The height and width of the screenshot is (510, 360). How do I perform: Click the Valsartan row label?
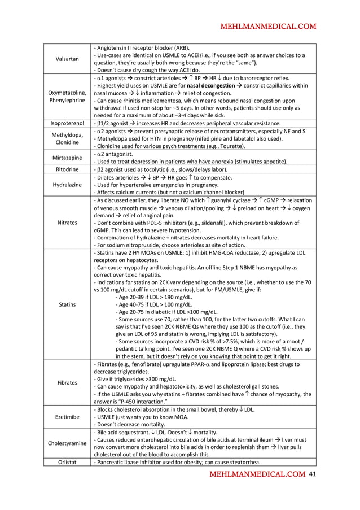(x=67, y=59)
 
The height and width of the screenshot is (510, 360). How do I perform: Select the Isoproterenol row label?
(x=67, y=123)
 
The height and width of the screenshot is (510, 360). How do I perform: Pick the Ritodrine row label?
(x=67, y=169)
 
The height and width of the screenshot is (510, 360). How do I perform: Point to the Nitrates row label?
(x=67, y=223)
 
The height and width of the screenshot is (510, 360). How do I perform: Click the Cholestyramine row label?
(x=67, y=443)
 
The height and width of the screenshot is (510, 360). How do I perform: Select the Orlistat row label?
(x=67, y=463)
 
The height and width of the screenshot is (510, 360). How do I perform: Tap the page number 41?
(x=313, y=474)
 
